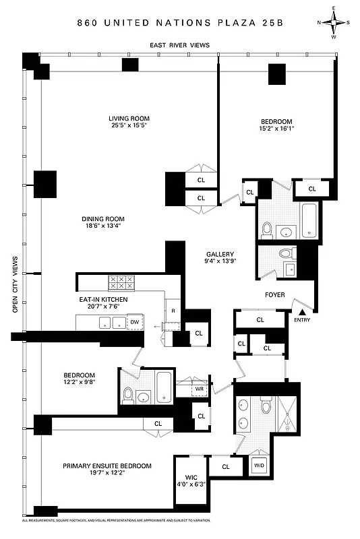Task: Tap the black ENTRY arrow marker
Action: click(303, 311)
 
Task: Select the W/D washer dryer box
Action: click(260, 465)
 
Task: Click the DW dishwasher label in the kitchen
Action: click(135, 323)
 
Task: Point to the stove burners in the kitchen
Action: click(120, 283)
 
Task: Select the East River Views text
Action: click(179, 45)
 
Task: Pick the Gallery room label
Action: click(220, 254)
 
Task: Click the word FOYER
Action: click(274, 295)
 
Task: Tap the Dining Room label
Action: click(103, 219)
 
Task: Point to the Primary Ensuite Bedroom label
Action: click(107, 466)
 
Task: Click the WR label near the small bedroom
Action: click(200, 390)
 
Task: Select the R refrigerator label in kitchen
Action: click(173, 311)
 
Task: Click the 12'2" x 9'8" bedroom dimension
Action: click(80, 383)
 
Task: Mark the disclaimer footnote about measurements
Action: click(117, 521)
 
